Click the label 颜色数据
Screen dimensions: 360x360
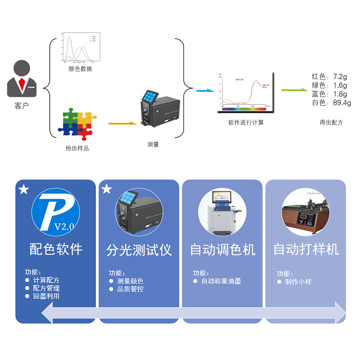81,68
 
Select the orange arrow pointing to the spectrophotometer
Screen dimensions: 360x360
122,122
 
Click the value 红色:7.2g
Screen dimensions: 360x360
329,76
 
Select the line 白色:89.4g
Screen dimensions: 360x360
331,103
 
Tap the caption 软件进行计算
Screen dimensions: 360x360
246,122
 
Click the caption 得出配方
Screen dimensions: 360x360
331,122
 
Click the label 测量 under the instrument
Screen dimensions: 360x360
153,144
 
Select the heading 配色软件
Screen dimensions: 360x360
56,249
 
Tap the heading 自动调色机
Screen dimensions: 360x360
222,249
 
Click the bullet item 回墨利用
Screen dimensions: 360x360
46,296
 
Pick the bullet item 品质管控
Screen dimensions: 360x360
130,289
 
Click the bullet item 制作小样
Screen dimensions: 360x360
298,282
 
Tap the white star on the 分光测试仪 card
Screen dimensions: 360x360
107,189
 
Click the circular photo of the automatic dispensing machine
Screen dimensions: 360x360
222,212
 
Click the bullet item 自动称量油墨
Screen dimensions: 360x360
220,281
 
